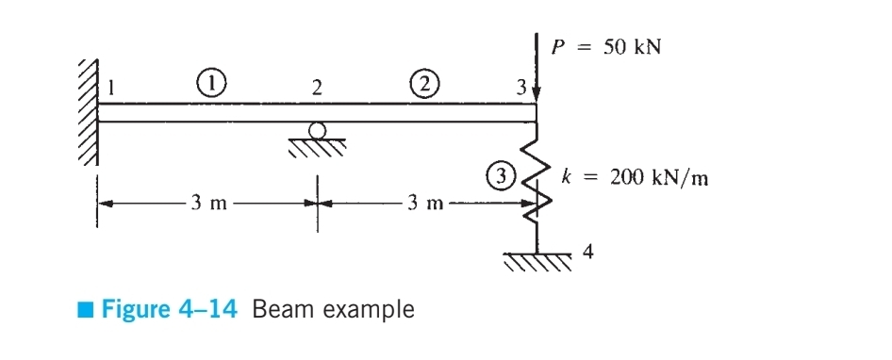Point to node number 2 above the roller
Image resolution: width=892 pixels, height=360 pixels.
tap(317, 89)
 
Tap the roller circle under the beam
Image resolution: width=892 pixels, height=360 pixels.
tap(318, 130)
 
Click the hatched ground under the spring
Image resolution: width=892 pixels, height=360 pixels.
tap(537, 260)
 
